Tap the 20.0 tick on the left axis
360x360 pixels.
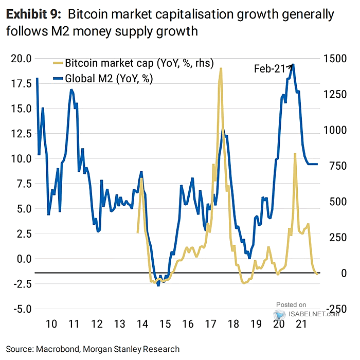point(21,58)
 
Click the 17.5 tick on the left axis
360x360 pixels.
point(21,83)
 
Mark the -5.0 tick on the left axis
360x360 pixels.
point(21,309)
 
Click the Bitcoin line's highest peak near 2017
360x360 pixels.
point(221,68)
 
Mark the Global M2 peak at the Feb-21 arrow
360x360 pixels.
point(293,65)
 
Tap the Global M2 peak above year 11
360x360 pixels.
point(71,90)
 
